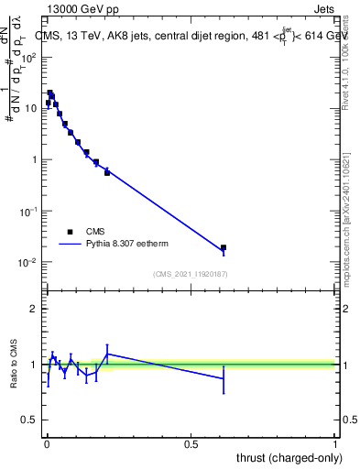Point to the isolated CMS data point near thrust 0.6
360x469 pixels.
click(224, 247)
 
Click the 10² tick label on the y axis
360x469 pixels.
click(29, 57)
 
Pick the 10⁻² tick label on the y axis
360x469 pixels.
click(29, 262)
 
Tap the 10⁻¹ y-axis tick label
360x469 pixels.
click(29, 211)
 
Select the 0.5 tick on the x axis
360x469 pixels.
click(191, 445)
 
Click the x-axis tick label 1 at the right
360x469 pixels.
click(335, 445)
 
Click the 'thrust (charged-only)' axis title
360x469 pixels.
click(288, 458)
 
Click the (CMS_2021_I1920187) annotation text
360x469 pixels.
click(191, 274)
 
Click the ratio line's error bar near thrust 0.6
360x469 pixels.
click(224, 378)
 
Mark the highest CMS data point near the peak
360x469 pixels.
click(50, 93)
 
